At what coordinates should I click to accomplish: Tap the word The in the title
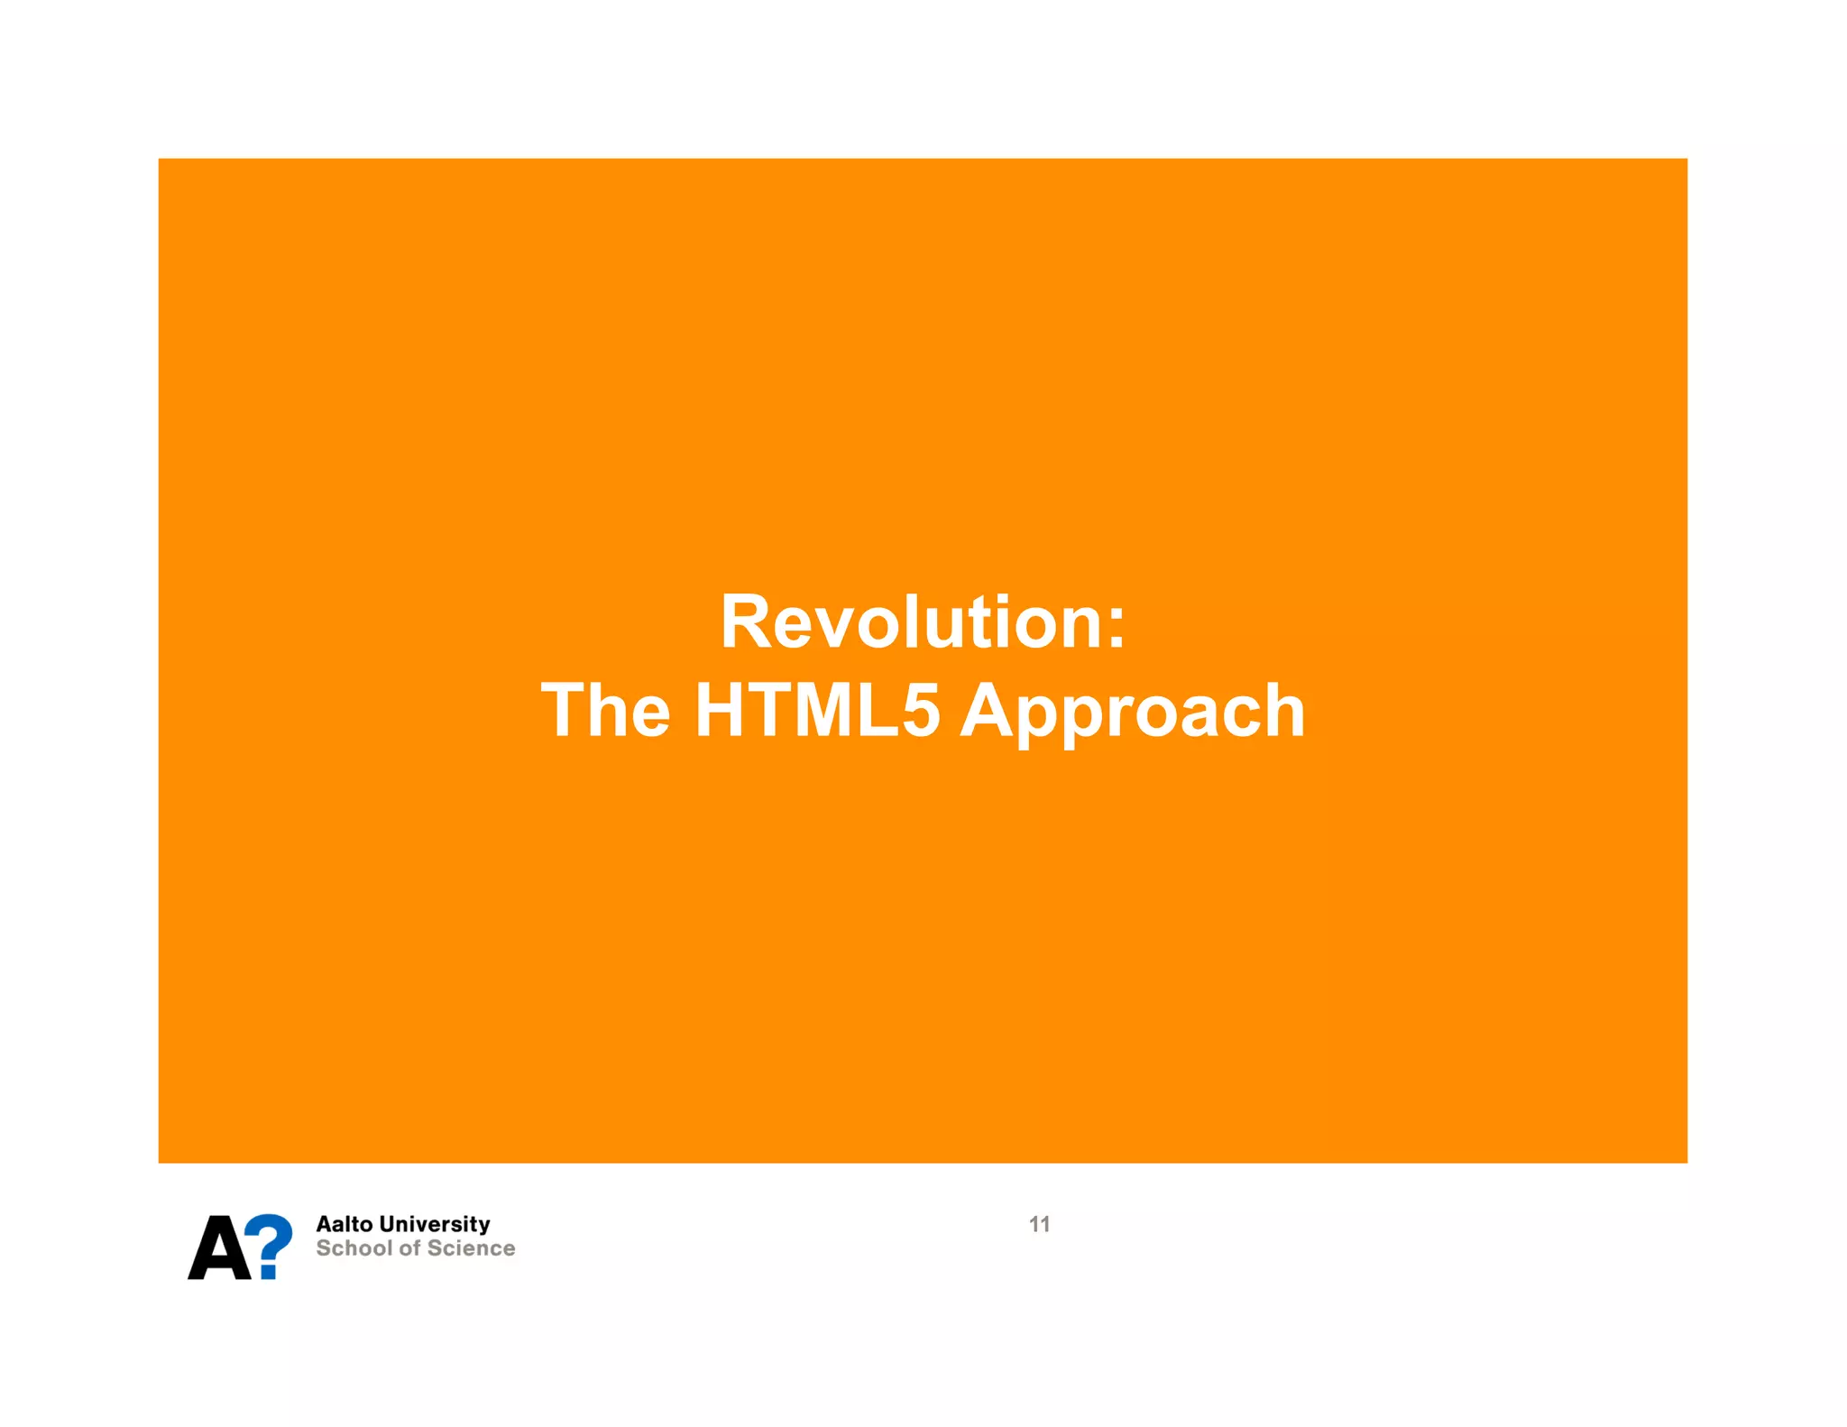[x=605, y=711]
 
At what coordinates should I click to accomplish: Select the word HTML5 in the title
[x=817, y=711]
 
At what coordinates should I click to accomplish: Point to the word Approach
[x=1132, y=713]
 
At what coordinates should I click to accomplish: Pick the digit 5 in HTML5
[x=921, y=711]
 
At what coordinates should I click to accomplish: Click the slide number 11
[x=1039, y=1224]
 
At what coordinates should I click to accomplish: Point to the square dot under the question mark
[x=268, y=1273]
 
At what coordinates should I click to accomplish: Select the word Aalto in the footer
[x=344, y=1224]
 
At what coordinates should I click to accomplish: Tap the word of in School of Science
[x=410, y=1248]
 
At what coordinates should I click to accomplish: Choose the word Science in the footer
[x=472, y=1248]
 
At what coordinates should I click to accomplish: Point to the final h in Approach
[x=1282, y=711]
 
